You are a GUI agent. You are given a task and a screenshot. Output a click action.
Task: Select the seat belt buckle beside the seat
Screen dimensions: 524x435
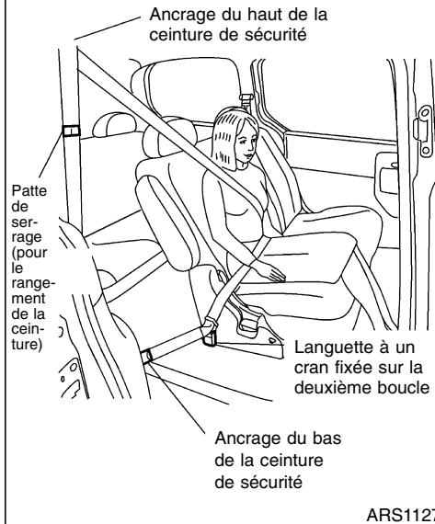(x=210, y=332)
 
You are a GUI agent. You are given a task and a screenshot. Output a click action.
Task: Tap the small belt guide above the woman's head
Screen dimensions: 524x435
(x=245, y=97)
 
